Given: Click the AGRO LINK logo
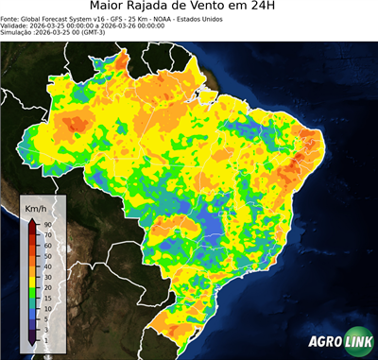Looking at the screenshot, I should tap(340, 344).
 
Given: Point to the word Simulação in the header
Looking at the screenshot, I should tap(16, 32).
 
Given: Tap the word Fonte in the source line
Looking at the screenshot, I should tap(9, 17).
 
